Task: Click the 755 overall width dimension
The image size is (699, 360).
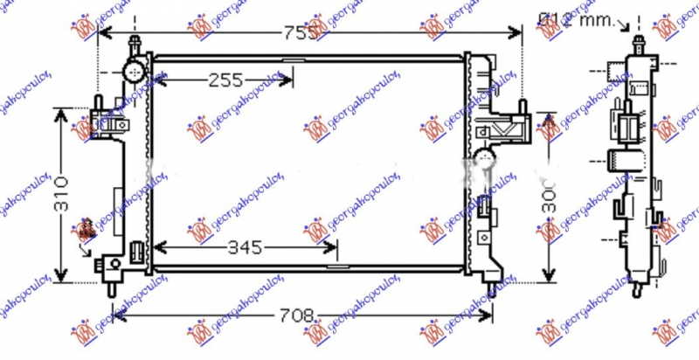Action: point(298,32)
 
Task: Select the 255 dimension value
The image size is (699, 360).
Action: point(225,81)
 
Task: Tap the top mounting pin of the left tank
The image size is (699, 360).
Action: point(135,43)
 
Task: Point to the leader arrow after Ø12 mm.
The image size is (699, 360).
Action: point(621,26)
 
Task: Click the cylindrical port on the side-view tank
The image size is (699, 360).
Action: point(619,160)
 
